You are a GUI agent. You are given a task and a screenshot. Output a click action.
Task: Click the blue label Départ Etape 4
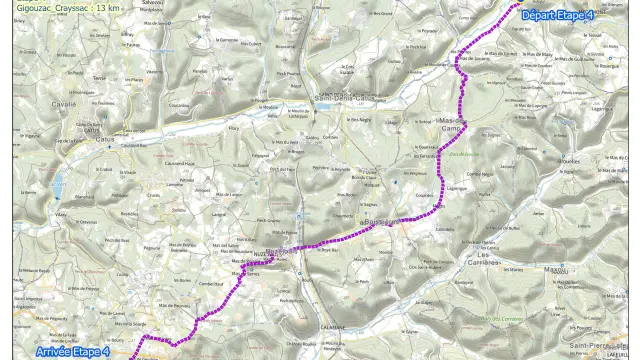click(x=558, y=16)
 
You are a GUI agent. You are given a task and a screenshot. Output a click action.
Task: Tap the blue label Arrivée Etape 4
click(x=72, y=351)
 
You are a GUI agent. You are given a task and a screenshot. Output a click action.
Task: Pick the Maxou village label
click(x=555, y=270)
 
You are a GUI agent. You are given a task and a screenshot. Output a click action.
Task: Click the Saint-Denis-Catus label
click(x=345, y=98)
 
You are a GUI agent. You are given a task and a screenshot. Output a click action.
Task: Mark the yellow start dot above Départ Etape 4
click(x=521, y=4)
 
